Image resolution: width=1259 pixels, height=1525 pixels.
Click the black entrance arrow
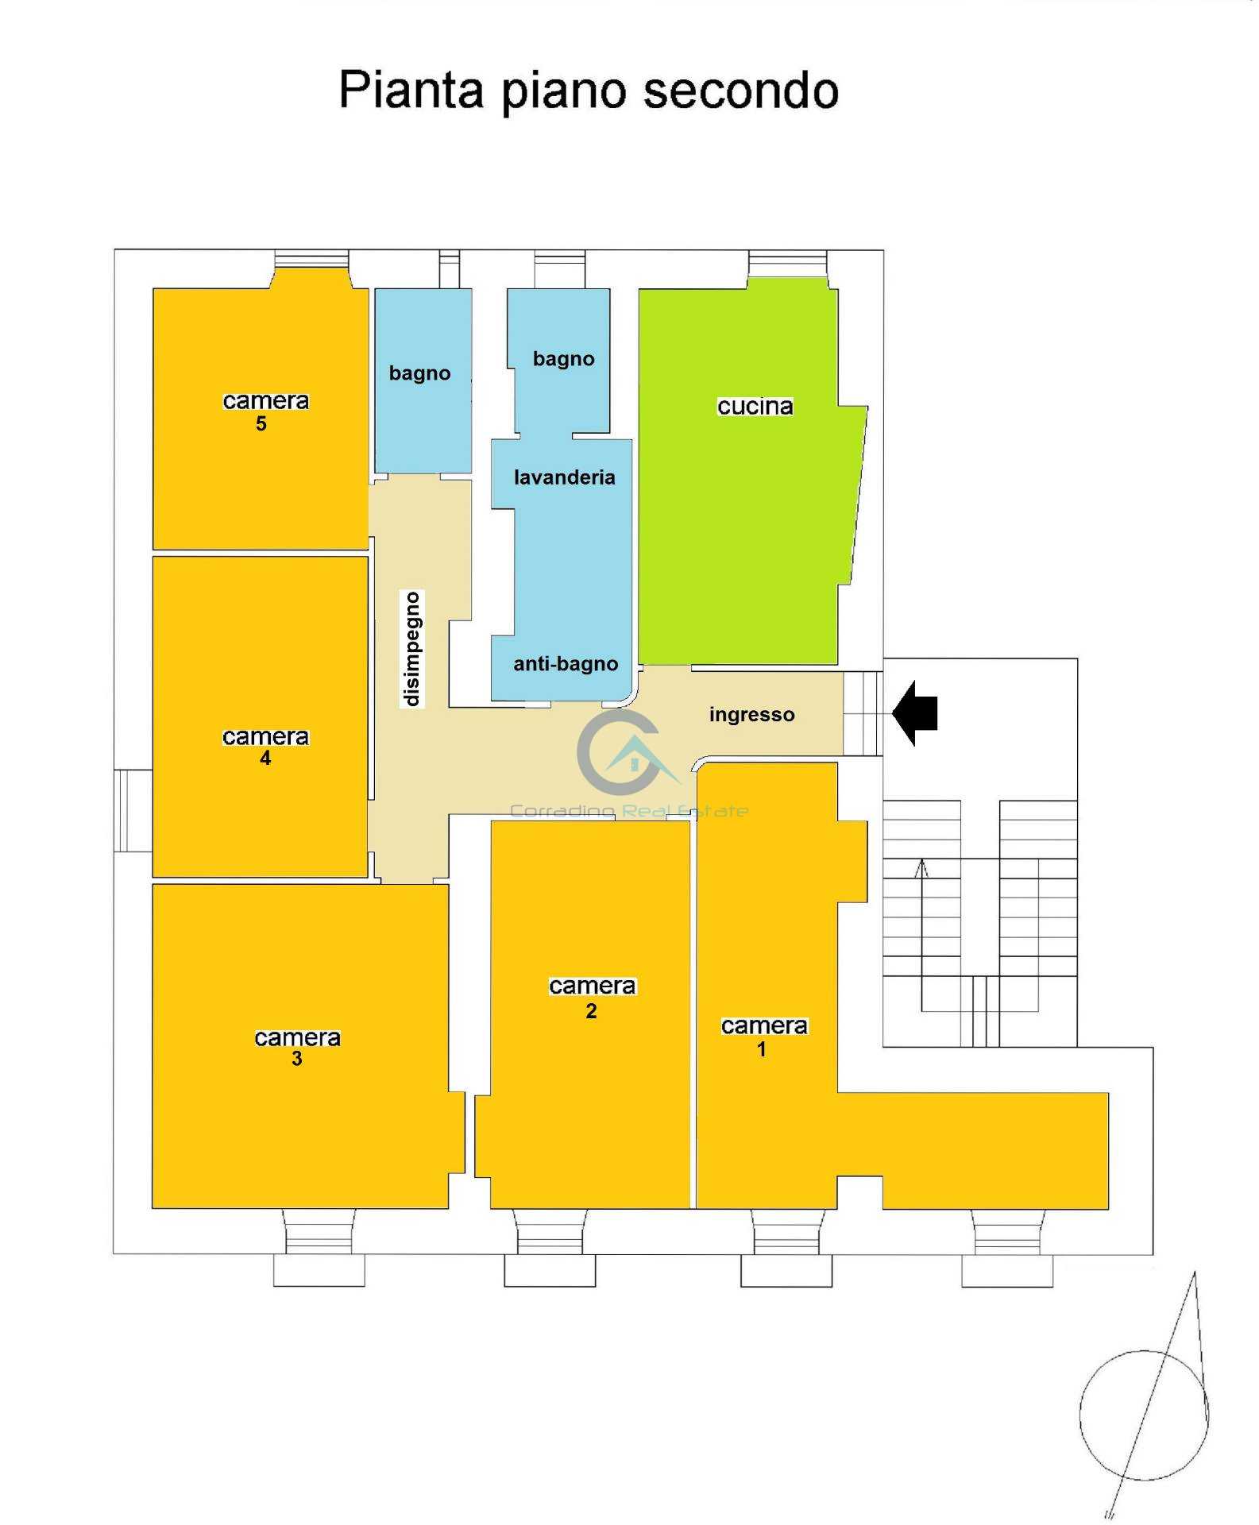click(915, 712)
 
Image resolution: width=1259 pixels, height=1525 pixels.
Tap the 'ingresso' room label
click(751, 715)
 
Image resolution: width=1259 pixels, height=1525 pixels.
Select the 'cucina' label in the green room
click(755, 407)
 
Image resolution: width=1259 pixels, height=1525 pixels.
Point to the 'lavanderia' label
click(564, 477)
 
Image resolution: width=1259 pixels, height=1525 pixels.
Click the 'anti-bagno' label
click(565, 664)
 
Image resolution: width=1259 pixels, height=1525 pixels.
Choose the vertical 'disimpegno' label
click(411, 649)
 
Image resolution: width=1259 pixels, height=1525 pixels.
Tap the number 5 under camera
click(261, 423)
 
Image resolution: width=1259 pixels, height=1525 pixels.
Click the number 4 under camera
click(265, 759)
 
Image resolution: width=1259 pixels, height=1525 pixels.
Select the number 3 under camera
click(296, 1059)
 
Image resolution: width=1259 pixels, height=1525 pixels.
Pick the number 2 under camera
click(591, 1011)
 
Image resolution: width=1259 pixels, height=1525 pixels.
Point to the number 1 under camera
click(761, 1050)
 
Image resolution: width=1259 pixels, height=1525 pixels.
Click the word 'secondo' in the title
click(740, 90)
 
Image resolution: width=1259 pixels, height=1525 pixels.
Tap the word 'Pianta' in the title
click(411, 90)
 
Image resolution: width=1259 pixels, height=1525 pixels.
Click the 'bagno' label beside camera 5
click(419, 373)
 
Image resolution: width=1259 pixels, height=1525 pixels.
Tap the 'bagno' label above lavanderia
click(563, 359)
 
